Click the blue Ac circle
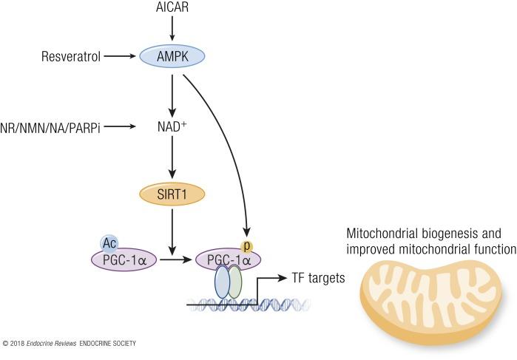(x=109, y=242)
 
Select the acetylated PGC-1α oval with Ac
(x=124, y=260)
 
